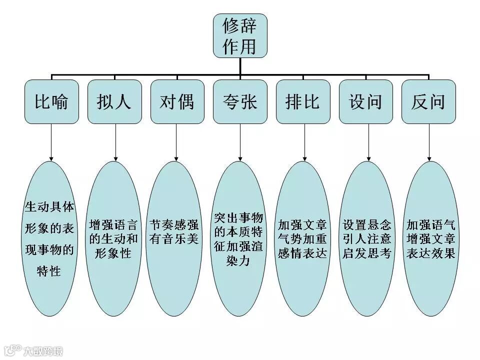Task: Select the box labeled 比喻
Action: point(51,101)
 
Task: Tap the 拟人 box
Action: point(114,101)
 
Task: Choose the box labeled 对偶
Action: point(177,101)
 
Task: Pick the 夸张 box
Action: point(240,101)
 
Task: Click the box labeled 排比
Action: point(303,101)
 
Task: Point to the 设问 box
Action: point(365,101)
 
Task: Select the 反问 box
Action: point(428,101)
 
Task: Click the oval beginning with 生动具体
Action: point(49,238)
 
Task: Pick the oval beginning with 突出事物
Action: point(238,238)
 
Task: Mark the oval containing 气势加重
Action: point(303,238)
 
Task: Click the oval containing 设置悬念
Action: point(367,238)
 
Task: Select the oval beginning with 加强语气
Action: point(430,238)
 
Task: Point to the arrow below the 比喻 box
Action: point(51,142)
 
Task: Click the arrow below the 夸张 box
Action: point(240,142)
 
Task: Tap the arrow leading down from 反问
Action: point(428,142)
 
